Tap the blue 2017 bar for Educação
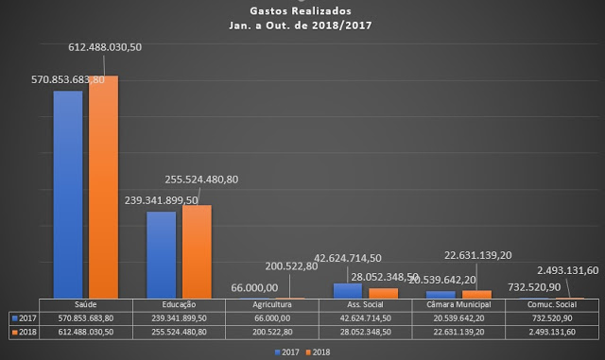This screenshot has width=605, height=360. click(161, 254)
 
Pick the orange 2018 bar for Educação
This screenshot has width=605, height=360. click(197, 251)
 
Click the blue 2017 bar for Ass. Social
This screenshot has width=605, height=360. click(348, 290)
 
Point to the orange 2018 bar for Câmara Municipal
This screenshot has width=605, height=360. click(476, 294)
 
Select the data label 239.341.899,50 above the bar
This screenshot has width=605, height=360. click(160, 200)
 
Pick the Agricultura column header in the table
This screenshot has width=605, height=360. click(273, 305)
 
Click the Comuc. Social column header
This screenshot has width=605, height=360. click(552, 305)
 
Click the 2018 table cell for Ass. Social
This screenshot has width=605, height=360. click(366, 332)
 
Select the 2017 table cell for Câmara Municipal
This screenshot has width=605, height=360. click(459, 318)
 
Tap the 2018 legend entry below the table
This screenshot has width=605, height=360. click(319, 351)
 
